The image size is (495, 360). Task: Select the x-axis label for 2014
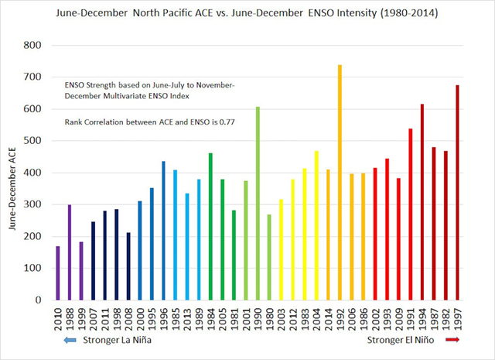click(328, 321)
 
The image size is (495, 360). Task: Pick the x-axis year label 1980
click(269, 321)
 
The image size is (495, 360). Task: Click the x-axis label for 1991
click(410, 321)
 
